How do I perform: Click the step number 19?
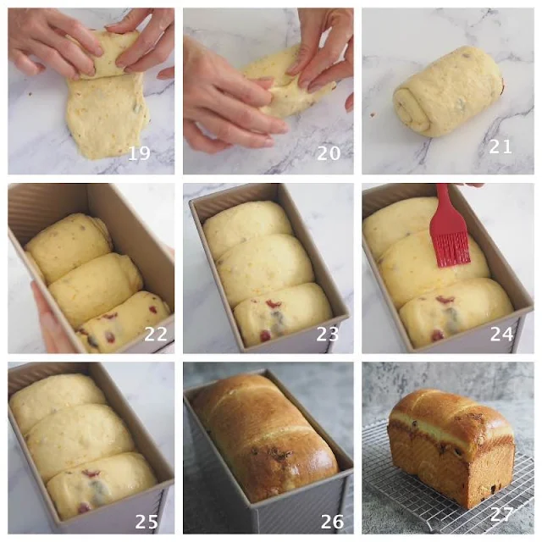139,153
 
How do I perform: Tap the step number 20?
329,153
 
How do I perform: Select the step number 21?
501,147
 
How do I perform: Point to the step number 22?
156,334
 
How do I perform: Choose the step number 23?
328,334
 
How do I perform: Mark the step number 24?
501,334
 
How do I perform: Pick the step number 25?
147,522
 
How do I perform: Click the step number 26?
332,522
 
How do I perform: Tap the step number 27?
501,514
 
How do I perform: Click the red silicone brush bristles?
451,249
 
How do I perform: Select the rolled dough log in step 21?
448,91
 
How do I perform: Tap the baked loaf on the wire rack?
451,447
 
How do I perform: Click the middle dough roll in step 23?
265,263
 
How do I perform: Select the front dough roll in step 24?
456,311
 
